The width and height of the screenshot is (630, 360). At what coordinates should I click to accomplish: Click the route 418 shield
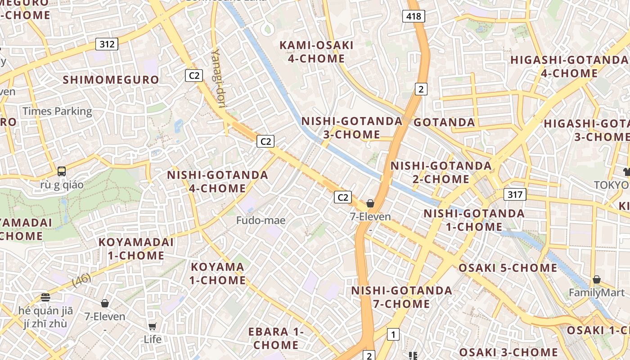414,17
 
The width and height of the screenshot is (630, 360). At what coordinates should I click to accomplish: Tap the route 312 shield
107,44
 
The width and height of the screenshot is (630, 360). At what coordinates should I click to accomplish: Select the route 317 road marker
515,195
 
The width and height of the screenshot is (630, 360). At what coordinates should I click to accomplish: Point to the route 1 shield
393,334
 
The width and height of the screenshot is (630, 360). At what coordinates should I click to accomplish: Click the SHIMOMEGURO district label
111,80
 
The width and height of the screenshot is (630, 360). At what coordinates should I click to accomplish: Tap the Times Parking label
57,111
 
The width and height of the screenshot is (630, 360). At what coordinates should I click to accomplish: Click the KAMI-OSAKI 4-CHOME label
316,52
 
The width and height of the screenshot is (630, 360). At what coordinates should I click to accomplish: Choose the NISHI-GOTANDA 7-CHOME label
401,297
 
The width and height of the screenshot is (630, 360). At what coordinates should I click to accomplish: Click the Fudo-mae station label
261,220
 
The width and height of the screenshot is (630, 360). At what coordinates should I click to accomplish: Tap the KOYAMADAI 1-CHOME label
136,249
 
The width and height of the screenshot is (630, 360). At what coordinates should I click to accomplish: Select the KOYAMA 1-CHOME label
218,274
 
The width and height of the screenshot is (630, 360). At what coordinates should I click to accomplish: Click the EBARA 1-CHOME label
276,338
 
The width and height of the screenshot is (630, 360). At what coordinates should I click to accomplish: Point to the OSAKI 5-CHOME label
508,268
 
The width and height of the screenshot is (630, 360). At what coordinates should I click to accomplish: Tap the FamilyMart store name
596,293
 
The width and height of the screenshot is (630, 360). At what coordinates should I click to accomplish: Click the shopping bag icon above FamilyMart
596,279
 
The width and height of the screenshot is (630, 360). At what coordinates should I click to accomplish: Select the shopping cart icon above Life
153,326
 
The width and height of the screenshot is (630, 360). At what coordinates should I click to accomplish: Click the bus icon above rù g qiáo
62,171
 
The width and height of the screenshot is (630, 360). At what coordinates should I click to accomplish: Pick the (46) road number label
81,280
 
